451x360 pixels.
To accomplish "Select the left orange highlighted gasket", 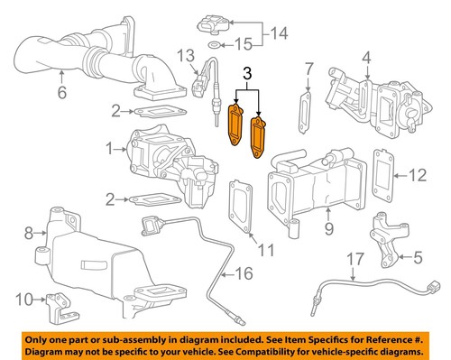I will (x=238, y=125).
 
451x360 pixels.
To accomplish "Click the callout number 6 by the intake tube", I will (x=61, y=92).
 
